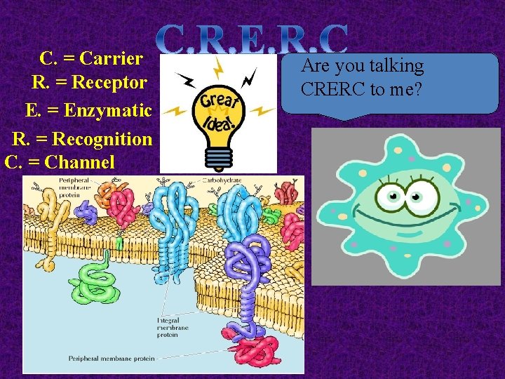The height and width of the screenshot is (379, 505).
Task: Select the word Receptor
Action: [x=110, y=83]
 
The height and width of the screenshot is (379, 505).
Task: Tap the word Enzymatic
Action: [x=116, y=111]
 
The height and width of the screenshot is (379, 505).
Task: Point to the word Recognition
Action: [x=112, y=139]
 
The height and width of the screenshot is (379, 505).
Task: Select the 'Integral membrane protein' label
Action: [x=173, y=328]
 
